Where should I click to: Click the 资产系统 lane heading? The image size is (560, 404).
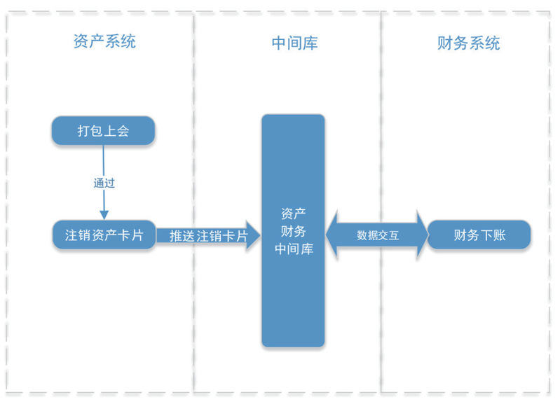[104, 42]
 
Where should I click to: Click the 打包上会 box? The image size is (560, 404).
[103, 131]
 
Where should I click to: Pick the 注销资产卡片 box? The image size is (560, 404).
[104, 235]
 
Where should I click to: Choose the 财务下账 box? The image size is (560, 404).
[479, 235]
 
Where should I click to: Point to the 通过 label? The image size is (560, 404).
[104, 183]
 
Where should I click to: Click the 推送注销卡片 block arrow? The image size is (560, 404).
[203, 236]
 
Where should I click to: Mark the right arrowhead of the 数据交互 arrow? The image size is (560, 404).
[421, 235]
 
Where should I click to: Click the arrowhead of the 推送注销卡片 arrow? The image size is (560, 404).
[253, 236]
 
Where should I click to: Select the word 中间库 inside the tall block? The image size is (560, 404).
[294, 249]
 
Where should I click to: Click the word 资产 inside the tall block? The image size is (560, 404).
[293, 214]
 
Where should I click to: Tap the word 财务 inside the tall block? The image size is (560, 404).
[293, 231]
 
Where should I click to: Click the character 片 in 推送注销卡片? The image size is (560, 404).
[241, 237]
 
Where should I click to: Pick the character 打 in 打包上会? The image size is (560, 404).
[83, 131]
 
